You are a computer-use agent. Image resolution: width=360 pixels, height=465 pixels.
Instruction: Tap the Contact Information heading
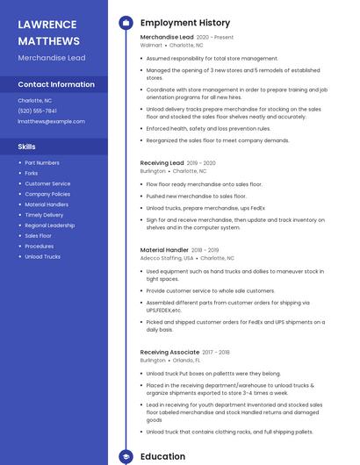point(56,84)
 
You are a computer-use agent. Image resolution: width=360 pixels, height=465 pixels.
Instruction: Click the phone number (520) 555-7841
point(38,111)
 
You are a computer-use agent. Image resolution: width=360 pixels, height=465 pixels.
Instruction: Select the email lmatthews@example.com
point(52,121)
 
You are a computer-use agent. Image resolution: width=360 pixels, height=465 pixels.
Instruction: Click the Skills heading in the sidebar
point(27,147)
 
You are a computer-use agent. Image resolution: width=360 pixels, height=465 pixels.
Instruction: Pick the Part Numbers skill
point(42,162)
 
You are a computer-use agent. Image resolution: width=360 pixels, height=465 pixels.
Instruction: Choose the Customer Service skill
point(47,183)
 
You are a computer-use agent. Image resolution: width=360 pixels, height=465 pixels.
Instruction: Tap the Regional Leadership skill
point(50,225)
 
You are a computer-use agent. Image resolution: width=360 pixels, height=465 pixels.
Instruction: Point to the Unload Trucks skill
point(43,257)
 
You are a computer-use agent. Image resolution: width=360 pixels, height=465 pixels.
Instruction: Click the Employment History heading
point(185,23)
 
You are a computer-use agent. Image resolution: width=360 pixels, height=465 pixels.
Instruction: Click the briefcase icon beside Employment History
point(126,23)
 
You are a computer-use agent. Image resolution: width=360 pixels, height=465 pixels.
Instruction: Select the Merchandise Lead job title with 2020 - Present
point(167,38)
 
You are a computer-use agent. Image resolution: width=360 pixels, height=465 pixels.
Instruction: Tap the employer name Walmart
point(151,45)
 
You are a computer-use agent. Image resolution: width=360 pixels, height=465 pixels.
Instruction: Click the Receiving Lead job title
point(162,163)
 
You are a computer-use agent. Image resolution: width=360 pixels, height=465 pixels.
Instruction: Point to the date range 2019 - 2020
point(201,163)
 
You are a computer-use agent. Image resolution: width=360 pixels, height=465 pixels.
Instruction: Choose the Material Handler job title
point(164,250)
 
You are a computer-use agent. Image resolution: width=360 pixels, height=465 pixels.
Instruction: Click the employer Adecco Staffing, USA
point(167,258)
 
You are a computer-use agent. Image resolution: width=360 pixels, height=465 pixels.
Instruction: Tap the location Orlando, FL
point(186,360)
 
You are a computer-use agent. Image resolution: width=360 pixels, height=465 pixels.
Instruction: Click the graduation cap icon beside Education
point(126,457)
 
